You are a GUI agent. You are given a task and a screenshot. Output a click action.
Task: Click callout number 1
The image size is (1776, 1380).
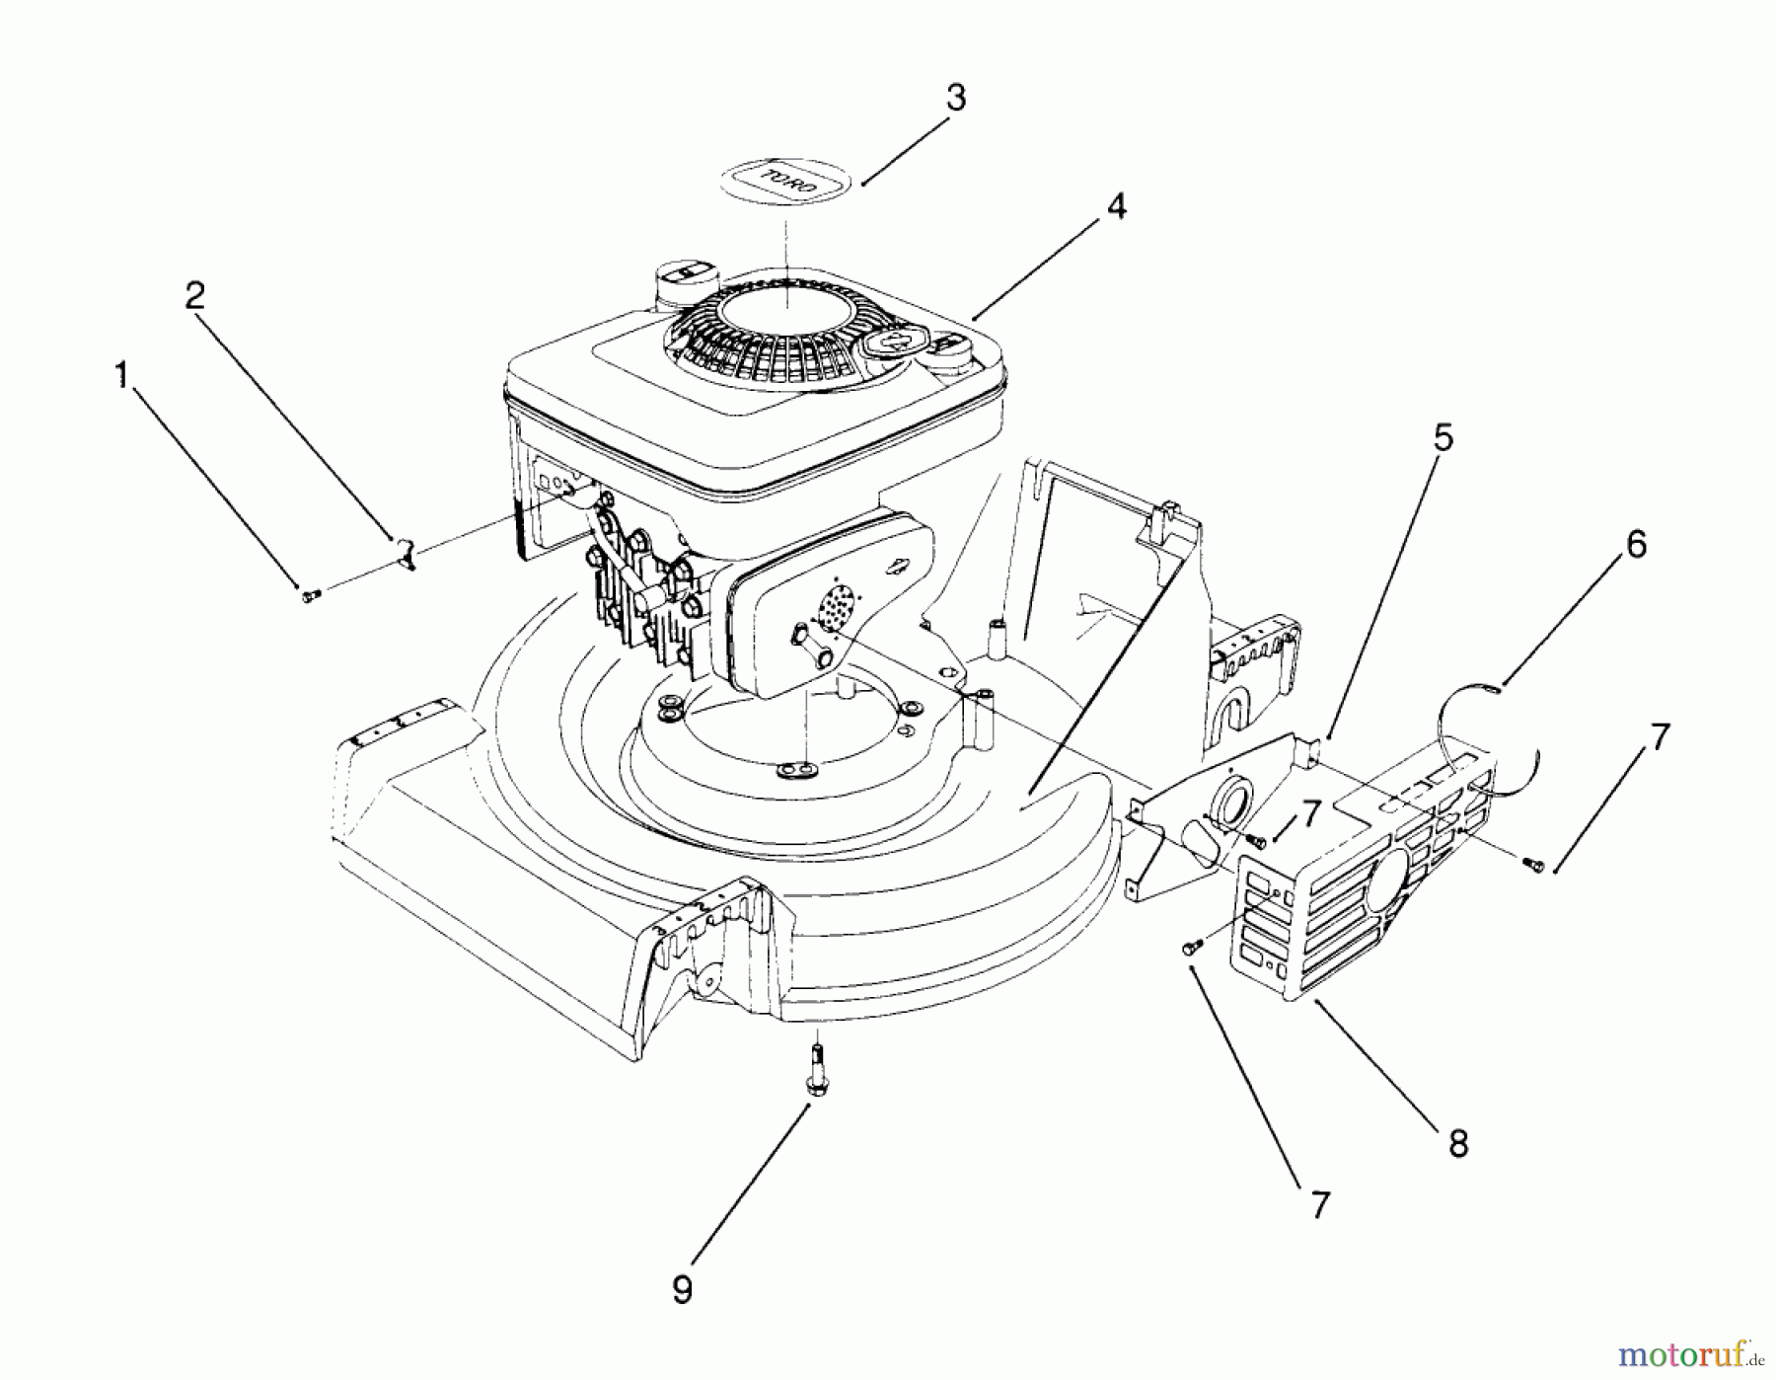[x=121, y=375]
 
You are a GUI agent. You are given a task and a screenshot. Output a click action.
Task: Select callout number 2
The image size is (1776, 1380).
[x=195, y=295]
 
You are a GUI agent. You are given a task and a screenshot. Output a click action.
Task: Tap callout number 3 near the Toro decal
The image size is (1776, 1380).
[x=955, y=99]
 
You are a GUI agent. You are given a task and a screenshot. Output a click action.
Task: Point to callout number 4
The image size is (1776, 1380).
[x=1116, y=206]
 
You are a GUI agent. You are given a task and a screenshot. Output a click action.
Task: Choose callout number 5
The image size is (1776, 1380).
[x=1443, y=438]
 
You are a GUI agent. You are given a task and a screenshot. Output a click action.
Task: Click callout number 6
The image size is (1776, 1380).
[x=1636, y=544]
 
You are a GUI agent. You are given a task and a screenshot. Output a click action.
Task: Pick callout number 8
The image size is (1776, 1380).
[x=1458, y=1143]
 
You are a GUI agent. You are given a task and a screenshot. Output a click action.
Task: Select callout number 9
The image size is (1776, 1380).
[x=682, y=1290]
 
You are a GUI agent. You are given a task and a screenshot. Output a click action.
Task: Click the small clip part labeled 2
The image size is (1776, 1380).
[x=406, y=554]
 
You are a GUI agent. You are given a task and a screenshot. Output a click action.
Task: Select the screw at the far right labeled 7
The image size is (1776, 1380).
[x=1532, y=866]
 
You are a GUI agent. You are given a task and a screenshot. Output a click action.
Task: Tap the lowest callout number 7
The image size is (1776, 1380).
[x=1320, y=1204]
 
